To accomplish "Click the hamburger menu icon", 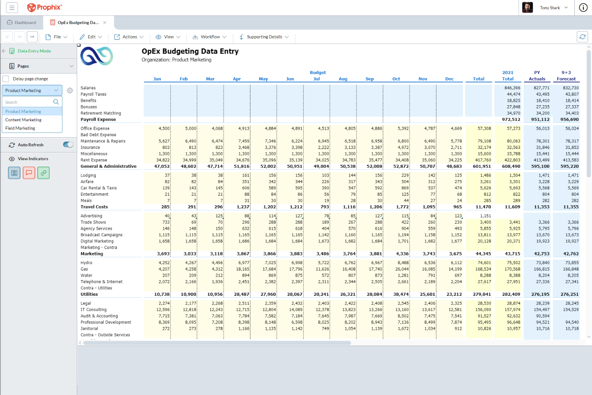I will click(12, 8).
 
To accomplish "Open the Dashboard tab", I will click(22, 22).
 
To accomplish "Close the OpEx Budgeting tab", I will click(105, 22).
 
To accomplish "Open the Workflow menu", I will click(210, 37).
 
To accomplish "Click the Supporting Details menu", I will click(264, 37).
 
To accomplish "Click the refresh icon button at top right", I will click(582, 37).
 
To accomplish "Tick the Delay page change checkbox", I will click(6, 79).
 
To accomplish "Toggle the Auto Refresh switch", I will click(68, 145).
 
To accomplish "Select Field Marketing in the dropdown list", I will click(20, 128).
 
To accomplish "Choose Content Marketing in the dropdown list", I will click(23, 120).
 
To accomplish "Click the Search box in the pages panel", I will click(28, 102).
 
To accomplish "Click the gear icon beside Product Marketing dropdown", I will click(70, 90).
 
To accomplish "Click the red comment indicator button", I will click(29, 173).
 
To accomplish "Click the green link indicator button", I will click(43, 173).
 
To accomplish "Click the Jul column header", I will click(316, 79).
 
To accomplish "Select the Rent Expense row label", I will click(94, 160).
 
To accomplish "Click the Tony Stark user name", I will click(550, 8).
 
